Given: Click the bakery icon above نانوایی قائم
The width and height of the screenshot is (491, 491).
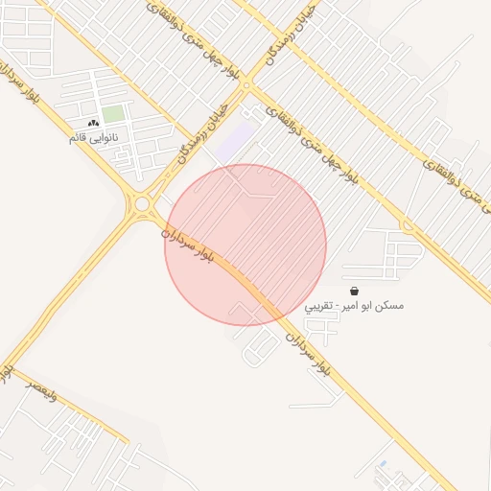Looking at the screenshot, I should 93,123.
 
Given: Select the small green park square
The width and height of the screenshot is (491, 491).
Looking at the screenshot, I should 113,113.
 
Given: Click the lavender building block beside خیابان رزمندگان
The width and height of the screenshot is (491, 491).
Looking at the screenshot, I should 234,141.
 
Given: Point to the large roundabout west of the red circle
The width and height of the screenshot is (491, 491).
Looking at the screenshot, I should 143,203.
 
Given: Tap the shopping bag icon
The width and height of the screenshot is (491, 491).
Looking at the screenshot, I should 354,290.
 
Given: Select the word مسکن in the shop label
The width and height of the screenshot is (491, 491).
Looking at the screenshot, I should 390,306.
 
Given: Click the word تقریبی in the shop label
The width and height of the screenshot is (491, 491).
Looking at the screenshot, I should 321,307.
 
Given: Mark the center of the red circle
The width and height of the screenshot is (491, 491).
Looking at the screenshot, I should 245,245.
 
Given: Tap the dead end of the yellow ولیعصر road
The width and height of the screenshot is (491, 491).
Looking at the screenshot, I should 128,441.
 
